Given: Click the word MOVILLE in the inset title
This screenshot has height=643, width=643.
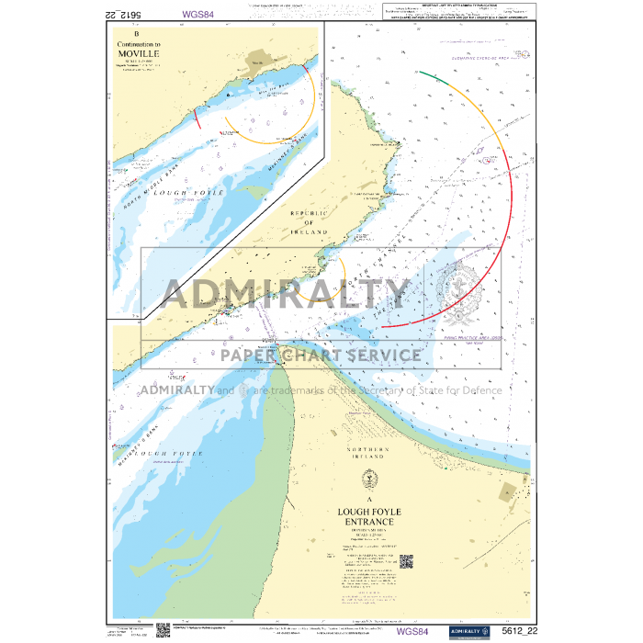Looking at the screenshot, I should pyautogui.click(x=139, y=54).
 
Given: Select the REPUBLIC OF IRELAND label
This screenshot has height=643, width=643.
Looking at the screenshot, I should pyautogui.click(x=309, y=222).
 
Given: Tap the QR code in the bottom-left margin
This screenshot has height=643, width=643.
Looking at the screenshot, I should pyautogui.click(x=163, y=630).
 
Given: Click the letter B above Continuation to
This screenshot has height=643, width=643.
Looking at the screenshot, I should pyautogui.click(x=138, y=34).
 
